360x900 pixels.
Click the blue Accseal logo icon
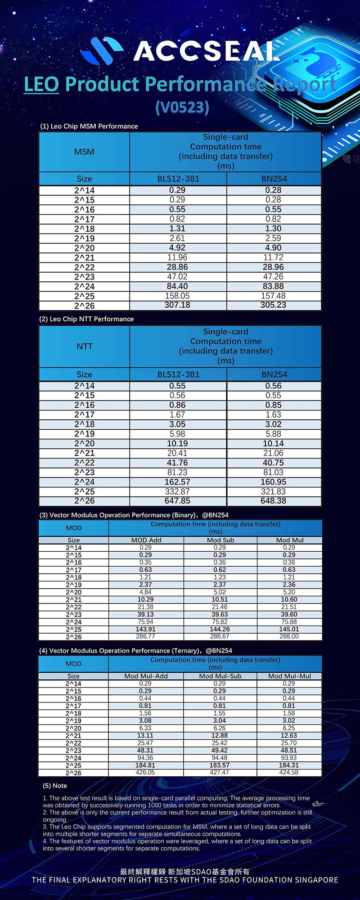102,50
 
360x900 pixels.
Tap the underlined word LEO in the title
41,84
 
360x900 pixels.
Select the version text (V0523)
182,107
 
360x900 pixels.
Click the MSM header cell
84,152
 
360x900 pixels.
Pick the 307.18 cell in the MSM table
177,305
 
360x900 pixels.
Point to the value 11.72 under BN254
273,257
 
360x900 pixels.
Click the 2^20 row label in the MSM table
84,248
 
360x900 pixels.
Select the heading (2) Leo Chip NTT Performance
86,319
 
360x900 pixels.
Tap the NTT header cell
84,346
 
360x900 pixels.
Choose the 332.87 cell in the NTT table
177,491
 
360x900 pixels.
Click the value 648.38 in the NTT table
273,501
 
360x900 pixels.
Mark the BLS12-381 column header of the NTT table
178,374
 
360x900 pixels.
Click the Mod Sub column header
220,540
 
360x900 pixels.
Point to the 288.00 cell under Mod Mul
289,636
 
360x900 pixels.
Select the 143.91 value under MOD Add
145,629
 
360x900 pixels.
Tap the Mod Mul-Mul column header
289,676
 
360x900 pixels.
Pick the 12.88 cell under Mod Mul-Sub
220,735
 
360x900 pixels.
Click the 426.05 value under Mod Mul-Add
145,772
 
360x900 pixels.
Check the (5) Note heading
55,786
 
